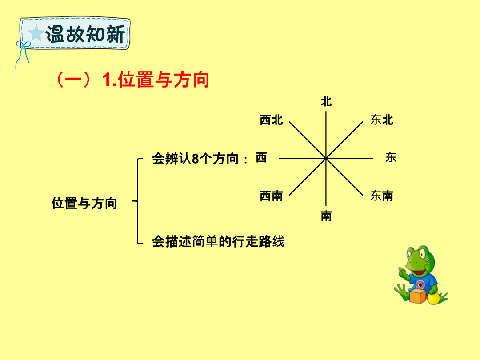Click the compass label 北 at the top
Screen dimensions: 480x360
pos(326,101)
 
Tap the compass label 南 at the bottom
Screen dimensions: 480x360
pos(326,216)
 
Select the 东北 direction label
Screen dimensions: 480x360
pos(382,120)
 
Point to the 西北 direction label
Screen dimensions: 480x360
pos(271,120)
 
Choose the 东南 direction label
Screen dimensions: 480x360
pos(382,196)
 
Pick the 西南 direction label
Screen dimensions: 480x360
pos(271,196)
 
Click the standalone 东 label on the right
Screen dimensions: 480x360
pos(391,157)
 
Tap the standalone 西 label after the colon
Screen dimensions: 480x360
pos(261,158)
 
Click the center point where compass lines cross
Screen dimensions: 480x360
pos(326,159)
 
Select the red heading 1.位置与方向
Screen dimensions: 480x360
pos(156,80)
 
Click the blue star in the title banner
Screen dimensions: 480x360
pos(36,33)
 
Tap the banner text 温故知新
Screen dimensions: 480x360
pos(85,34)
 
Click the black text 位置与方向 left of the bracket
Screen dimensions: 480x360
pos(84,203)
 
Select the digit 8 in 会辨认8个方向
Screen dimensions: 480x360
pos(195,159)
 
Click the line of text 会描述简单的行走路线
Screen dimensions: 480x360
pos(218,241)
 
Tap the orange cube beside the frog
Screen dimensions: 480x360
pos(417,296)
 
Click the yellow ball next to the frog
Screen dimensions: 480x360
pos(433,299)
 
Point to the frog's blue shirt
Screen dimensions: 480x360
pos(424,282)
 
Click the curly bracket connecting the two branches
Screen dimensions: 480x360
pos(138,201)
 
